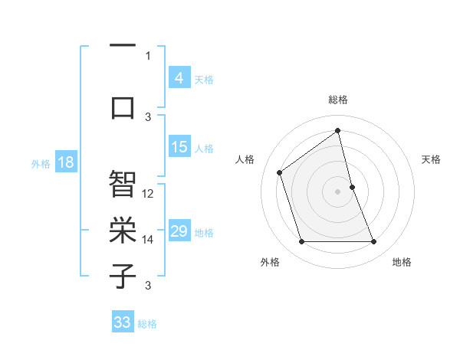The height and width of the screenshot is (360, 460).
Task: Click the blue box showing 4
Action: point(179,78)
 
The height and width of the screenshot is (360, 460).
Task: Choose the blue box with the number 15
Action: point(179,147)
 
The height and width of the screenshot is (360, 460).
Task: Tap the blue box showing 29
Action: point(179,231)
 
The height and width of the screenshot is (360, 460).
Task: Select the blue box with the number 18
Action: point(65,162)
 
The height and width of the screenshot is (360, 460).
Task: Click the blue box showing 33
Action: point(122,322)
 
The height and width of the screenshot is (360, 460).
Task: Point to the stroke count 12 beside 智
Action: point(148,194)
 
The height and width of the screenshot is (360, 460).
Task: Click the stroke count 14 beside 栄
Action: point(148,240)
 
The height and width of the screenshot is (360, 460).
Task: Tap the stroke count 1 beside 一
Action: point(148,55)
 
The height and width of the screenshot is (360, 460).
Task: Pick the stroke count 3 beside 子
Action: point(148,286)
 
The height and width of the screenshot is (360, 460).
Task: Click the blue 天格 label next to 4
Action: point(204,79)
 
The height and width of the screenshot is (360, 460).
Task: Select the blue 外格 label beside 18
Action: point(41,163)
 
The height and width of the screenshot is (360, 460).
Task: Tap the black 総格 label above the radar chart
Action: point(337,100)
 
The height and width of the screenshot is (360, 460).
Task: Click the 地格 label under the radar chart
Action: point(402,263)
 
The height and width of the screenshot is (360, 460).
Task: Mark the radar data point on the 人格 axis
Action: point(280,172)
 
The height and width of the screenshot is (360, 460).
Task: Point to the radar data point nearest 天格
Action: point(352,186)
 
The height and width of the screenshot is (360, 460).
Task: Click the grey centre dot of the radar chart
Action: point(337,191)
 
